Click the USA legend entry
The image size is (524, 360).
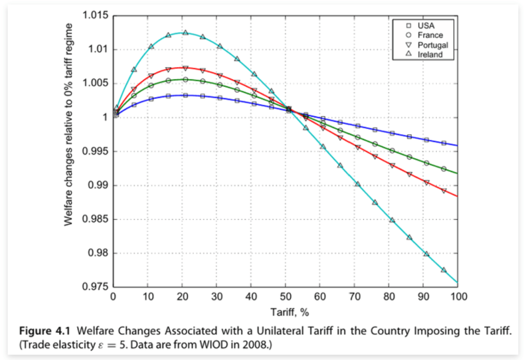[x=426, y=25]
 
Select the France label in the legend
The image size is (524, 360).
[x=430, y=35]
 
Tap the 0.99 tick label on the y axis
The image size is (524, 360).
[x=97, y=185]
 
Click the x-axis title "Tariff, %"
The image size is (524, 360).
[x=285, y=311]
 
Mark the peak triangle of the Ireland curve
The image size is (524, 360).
[x=185, y=33]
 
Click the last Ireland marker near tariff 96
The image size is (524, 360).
[x=444, y=270]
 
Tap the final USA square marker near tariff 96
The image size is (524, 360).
[x=444, y=143]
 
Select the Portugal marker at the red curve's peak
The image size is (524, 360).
[x=185, y=68]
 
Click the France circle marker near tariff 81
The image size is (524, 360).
[x=392, y=151]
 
